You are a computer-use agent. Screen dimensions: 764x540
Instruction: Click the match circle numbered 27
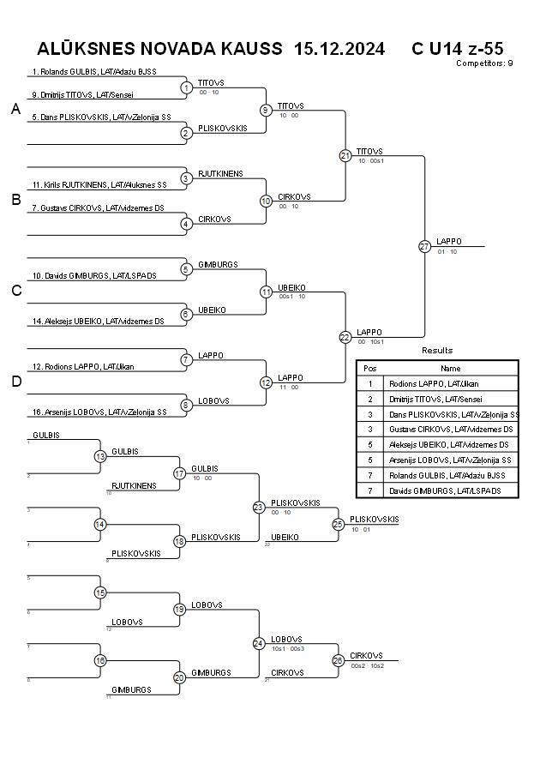pyautogui.click(x=425, y=246)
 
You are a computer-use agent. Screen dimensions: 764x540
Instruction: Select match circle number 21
pyautogui.click(x=345, y=156)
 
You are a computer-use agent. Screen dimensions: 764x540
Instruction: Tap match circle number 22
pyautogui.click(x=345, y=337)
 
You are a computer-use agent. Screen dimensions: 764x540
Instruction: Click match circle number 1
pyautogui.click(x=187, y=87)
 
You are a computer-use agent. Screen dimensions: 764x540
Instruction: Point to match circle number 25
pyautogui.click(x=339, y=523)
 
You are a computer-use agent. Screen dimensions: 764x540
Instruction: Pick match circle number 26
pyautogui.click(x=339, y=660)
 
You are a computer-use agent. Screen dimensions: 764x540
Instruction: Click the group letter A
pyautogui.click(x=15, y=109)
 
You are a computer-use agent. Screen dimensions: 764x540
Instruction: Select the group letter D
pyautogui.click(x=15, y=382)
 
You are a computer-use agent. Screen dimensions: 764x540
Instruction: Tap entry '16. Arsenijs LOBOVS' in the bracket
pyautogui.click(x=99, y=412)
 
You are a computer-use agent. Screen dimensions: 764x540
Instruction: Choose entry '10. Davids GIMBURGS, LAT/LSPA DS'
pyautogui.click(x=94, y=276)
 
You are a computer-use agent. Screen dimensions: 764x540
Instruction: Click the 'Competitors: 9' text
pyautogui.click(x=484, y=63)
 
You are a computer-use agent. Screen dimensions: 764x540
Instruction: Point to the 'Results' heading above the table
pyautogui.click(x=437, y=350)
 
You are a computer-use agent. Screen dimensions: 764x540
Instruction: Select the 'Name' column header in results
pyautogui.click(x=450, y=368)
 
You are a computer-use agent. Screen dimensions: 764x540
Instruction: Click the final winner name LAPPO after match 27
pyautogui.click(x=448, y=242)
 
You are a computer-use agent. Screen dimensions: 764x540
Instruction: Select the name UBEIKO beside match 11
pyautogui.click(x=292, y=287)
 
